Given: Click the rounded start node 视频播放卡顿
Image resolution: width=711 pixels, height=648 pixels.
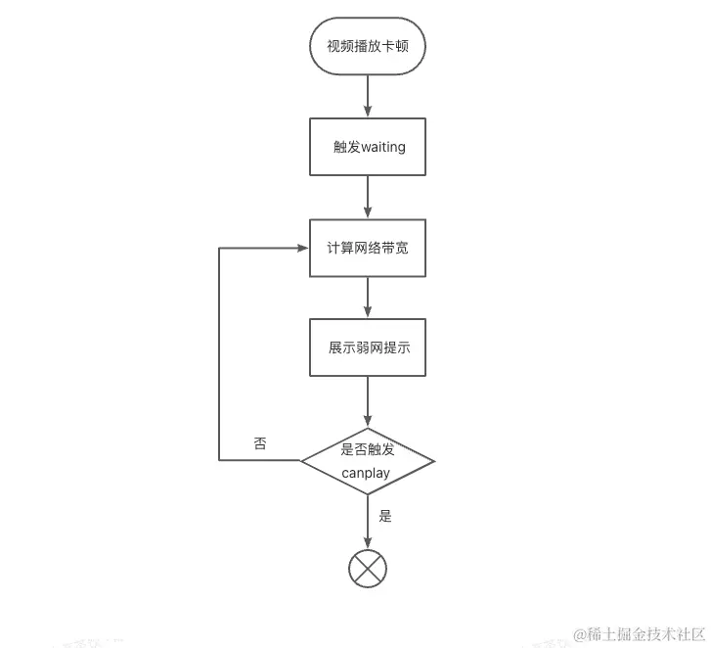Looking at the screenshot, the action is [368, 46].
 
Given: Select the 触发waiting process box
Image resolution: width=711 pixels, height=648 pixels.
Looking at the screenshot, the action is [368, 147].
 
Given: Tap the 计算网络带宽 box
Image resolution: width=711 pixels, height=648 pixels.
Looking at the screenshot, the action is [368, 248].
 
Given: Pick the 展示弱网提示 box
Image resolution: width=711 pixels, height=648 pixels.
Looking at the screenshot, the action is [368, 347].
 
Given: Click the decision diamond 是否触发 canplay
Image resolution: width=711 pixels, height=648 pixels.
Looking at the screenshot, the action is [368, 461].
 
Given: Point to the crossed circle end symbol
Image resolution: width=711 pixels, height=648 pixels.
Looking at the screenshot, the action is [368, 568].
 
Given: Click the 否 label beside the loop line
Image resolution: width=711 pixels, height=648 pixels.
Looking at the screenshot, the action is [260, 442].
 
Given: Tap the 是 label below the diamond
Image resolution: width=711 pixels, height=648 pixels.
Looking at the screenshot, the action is [385, 516].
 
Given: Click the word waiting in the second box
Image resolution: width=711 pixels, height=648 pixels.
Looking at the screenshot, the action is [383, 147].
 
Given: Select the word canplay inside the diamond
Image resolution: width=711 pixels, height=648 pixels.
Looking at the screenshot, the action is [366, 473].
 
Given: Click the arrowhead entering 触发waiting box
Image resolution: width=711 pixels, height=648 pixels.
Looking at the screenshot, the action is [368, 112].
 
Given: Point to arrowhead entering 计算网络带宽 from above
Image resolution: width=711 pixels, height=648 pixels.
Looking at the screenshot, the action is [368, 212].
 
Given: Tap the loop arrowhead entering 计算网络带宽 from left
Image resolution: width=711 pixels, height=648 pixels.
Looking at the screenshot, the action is [302, 248].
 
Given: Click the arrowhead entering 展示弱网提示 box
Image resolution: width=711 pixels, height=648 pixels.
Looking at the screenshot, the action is [368, 311].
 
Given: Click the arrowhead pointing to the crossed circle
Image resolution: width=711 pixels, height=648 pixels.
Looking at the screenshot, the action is [368, 542].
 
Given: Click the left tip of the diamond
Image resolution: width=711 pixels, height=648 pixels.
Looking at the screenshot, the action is [300, 461].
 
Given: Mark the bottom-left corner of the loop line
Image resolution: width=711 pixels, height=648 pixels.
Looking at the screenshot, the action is [219, 460].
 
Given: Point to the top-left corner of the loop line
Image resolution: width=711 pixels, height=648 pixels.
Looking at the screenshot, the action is [219, 248].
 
